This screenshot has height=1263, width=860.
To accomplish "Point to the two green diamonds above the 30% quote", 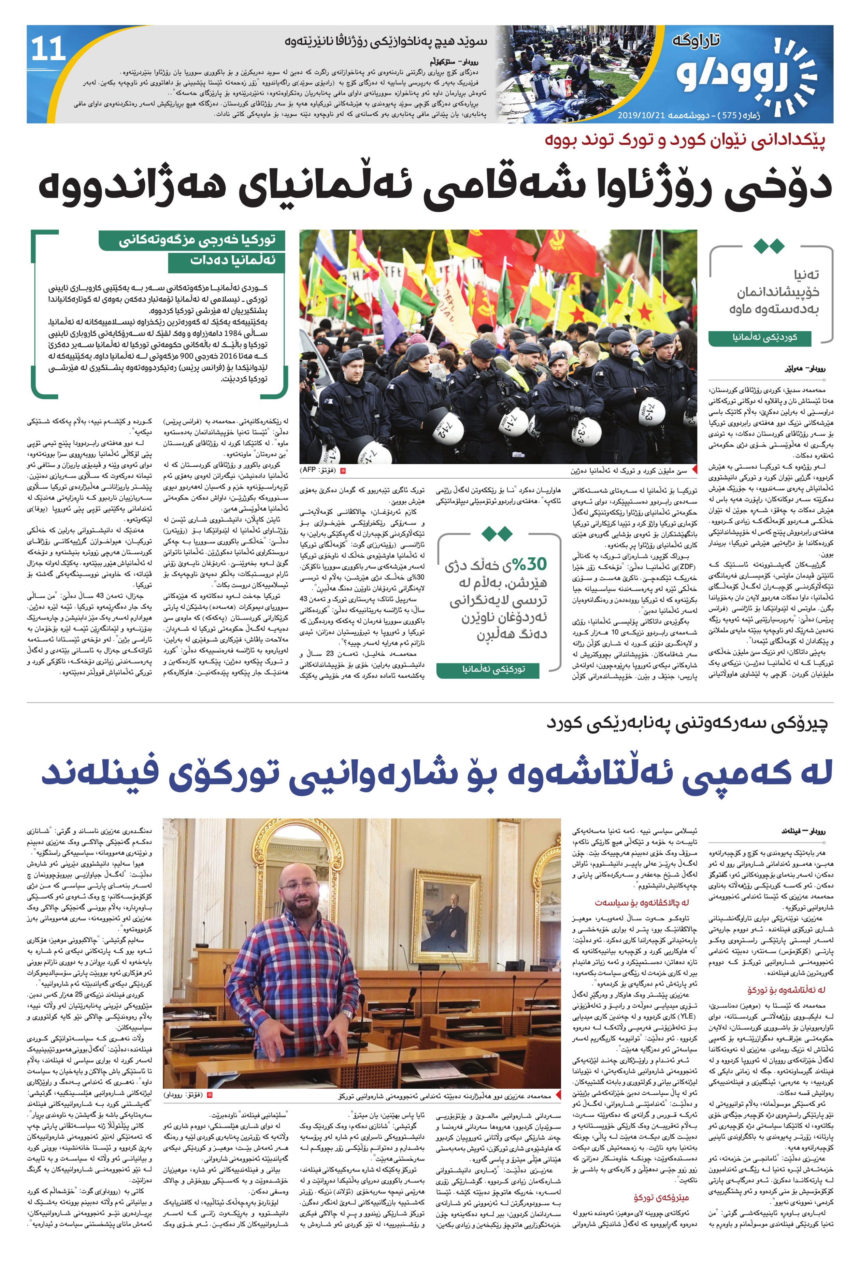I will (x=497, y=534).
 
